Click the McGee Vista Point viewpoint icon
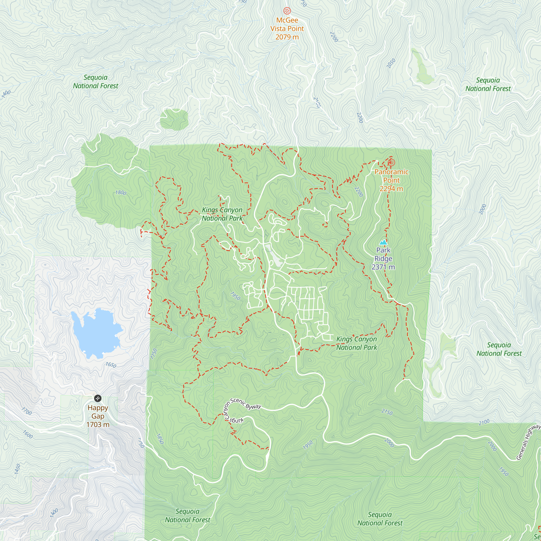tap(287, 11)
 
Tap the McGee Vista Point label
tap(287, 29)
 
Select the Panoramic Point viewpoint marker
tap(391, 162)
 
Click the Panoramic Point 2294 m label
tap(391, 180)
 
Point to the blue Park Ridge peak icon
tap(383, 242)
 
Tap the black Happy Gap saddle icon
tap(98, 398)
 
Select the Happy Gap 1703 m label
tap(98, 416)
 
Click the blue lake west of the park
tap(95, 333)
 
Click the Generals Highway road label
tap(528, 443)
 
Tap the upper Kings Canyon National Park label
tap(222, 214)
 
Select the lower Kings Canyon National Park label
tap(357, 343)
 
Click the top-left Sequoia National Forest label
tap(95, 81)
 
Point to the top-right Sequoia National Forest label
tap(488, 84)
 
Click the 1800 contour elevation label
tap(121, 193)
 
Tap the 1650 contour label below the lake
tap(111, 365)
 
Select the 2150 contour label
tap(387, 412)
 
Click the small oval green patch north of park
tap(174, 120)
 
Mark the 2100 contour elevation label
tap(484, 422)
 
